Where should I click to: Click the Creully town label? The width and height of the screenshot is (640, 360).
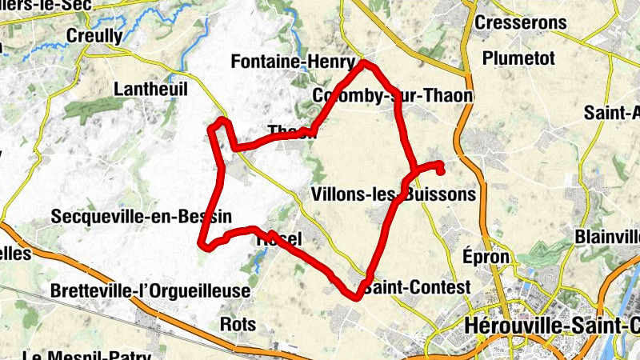coord(94,36)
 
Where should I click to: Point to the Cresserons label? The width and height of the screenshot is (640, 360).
coord(520,23)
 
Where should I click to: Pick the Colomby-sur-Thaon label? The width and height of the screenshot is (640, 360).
coord(392,96)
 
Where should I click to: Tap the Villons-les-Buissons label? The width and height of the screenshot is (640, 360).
coord(392,194)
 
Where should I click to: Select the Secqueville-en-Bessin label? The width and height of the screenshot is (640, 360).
coord(141,216)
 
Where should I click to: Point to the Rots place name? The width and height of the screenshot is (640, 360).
coord(238,324)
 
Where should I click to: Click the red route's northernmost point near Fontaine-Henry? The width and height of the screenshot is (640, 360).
coord(364,62)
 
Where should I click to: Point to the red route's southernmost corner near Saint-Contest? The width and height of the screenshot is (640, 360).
coord(355,297)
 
